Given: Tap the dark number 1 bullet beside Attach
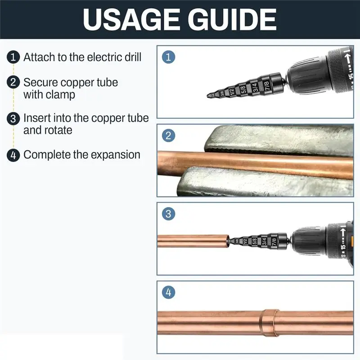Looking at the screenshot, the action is click(x=13, y=57).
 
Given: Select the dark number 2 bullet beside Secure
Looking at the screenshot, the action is click(x=13, y=82).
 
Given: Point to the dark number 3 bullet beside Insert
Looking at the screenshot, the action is click(x=13, y=118).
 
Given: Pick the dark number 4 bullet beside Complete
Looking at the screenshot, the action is click(x=13, y=155).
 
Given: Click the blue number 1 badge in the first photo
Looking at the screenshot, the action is click(x=168, y=57).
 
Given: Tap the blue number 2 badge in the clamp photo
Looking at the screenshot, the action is click(x=168, y=135).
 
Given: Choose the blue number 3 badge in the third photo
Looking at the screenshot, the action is click(x=168, y=214).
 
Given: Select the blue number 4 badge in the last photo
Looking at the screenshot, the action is click(x=168, y=292).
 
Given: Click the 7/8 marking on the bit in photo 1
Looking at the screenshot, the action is click(x=266, y=85).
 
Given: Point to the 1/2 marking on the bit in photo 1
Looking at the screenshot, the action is click(x=232, y=92).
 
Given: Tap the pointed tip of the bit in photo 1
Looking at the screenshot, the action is click(x=207, y=96).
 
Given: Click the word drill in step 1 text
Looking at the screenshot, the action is click(x=133, y=57).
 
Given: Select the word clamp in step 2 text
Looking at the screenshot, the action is click(x=63, y=95).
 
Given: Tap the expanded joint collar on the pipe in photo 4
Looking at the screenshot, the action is click(x=269, y=323).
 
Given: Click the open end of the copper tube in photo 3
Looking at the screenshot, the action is click(x=228, y=241).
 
